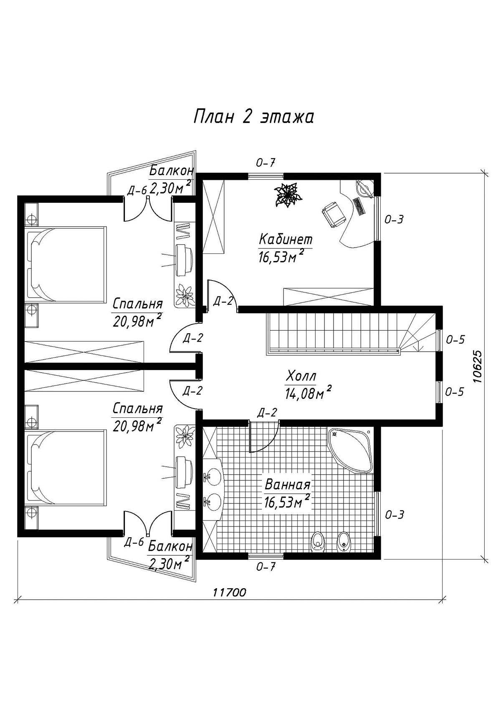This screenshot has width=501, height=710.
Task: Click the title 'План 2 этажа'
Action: (x=253, y=117)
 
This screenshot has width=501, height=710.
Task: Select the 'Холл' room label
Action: (x=300, y=377)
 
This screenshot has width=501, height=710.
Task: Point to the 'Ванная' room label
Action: (x=287, y=485)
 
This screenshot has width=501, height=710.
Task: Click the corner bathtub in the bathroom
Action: (x=350, y=450)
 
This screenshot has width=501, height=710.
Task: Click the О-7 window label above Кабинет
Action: (x=265, y=163)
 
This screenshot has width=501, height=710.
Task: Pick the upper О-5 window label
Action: (x=455, y=340)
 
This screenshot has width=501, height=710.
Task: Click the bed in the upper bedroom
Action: (x=66, y=263)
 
